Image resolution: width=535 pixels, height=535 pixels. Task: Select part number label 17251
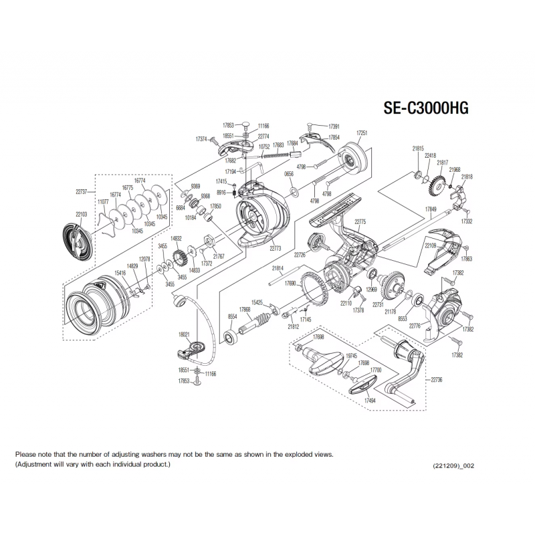point(362,133)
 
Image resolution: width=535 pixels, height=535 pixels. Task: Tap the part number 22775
point(360,222)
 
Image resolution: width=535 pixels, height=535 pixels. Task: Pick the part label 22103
point(82,214)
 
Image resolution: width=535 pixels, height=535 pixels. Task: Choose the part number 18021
point(185,334)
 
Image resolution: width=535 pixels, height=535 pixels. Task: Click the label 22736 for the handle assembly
point(437,379)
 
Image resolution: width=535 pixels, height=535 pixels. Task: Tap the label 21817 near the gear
point(443,163)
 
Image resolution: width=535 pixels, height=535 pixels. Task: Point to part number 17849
point(431,209)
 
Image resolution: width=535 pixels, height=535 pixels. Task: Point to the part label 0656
point(290,173)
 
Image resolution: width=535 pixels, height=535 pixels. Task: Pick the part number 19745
point(352,356)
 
